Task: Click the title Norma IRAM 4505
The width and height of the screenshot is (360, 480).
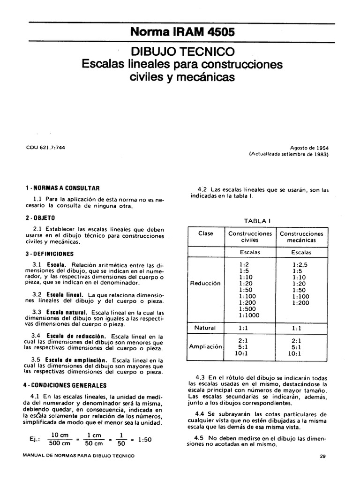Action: click(x=182, y=33)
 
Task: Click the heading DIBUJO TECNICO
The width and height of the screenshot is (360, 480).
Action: click(x=182, y=51)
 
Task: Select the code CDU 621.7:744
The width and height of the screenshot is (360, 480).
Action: click(x=45, y=147)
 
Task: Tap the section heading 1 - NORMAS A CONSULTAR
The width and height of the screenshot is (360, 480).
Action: click(x=62, y=188)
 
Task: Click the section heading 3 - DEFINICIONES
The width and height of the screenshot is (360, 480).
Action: click(x=49, y=254)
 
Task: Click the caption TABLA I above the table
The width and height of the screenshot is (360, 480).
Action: click(x=257, y=220)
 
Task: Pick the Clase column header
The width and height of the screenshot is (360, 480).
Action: click(x=205, y=233)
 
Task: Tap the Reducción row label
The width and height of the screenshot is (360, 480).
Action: click(x=205, y=284)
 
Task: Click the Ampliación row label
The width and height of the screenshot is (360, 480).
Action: click(x=205, y=347)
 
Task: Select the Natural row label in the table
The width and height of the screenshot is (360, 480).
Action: click(x=205, y=328)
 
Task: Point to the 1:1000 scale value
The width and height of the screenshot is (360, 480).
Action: click(x=249, y=315)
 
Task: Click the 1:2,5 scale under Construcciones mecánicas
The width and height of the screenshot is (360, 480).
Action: click(x=302, y=264)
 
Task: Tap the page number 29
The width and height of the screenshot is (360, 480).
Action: click(x=322, y=456)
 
